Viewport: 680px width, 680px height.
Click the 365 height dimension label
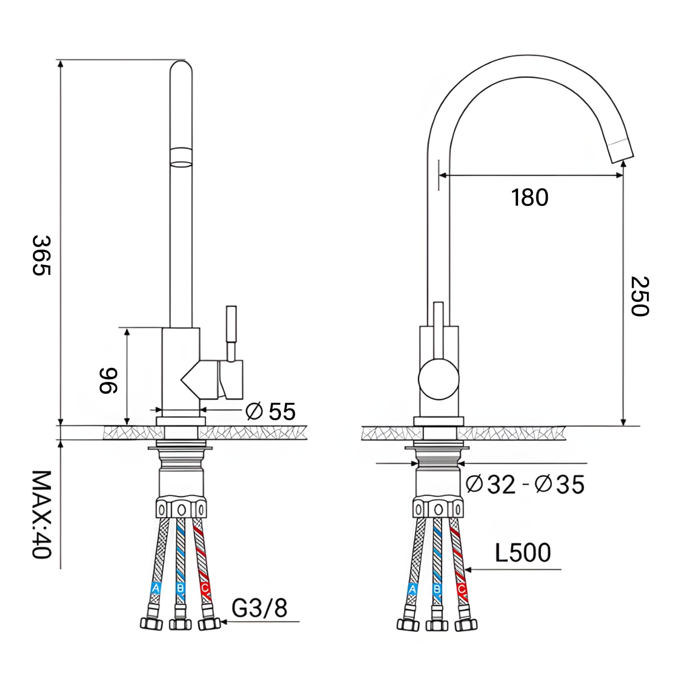pos(42,256)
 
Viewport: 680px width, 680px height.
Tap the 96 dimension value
pos(108,381)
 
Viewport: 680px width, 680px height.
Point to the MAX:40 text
pos(42,514)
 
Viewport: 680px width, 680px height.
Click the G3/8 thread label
pos(260,607)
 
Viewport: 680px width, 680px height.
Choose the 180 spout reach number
pos(530,198)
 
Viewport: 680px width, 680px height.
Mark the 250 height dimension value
pos(640,296)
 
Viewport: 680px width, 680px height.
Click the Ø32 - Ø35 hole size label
pos(525,484)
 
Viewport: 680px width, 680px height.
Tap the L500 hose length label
pos(523,552)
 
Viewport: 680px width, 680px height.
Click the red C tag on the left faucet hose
pos(204,589)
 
